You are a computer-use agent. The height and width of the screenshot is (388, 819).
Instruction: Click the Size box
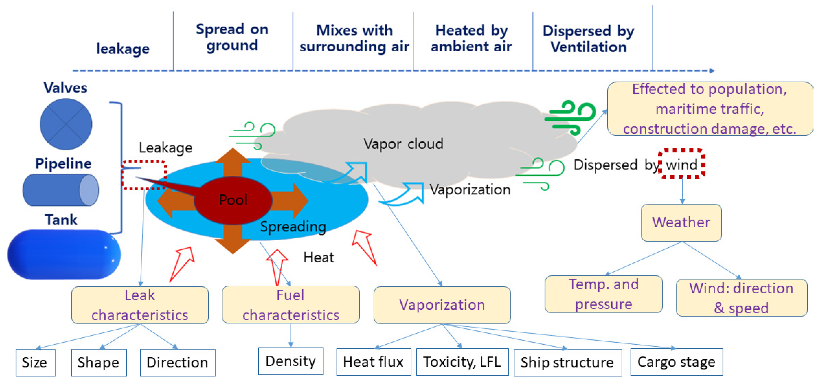(x=35, y=362)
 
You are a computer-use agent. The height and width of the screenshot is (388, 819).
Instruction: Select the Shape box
(x=99, y=362)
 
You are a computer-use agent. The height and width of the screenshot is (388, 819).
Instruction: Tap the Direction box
(x=177, y=362)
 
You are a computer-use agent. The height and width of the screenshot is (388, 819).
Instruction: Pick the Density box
(x=291, y=361)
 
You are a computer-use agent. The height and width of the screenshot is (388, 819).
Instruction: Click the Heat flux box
(x=374, y=362)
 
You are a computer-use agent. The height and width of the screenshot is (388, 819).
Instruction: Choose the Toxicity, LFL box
(x=462, y=362)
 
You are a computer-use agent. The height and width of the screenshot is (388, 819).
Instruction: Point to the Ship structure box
(x=568, y=362)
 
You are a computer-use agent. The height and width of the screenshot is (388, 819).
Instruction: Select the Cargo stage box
(x=677, y=362)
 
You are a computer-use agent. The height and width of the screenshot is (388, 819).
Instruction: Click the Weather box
(x=681, y=222)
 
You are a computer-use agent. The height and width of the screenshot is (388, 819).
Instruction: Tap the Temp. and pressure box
(x=604, y=294)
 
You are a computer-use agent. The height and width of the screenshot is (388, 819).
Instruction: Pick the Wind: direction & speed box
(x=741, y=298)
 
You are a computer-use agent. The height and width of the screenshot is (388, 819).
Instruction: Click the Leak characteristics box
(x=140, y=305)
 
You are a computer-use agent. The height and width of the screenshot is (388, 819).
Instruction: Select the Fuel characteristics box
(x=291, y=305)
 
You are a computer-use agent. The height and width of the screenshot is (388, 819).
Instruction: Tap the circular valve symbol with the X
(x=66, y=124)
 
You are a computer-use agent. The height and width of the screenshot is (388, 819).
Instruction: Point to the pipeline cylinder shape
(x=60, y=190)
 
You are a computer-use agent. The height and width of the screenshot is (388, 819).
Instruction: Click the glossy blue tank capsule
(x=64, y=254)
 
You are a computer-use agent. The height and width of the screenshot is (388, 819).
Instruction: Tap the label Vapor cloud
(x=403, y=144)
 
